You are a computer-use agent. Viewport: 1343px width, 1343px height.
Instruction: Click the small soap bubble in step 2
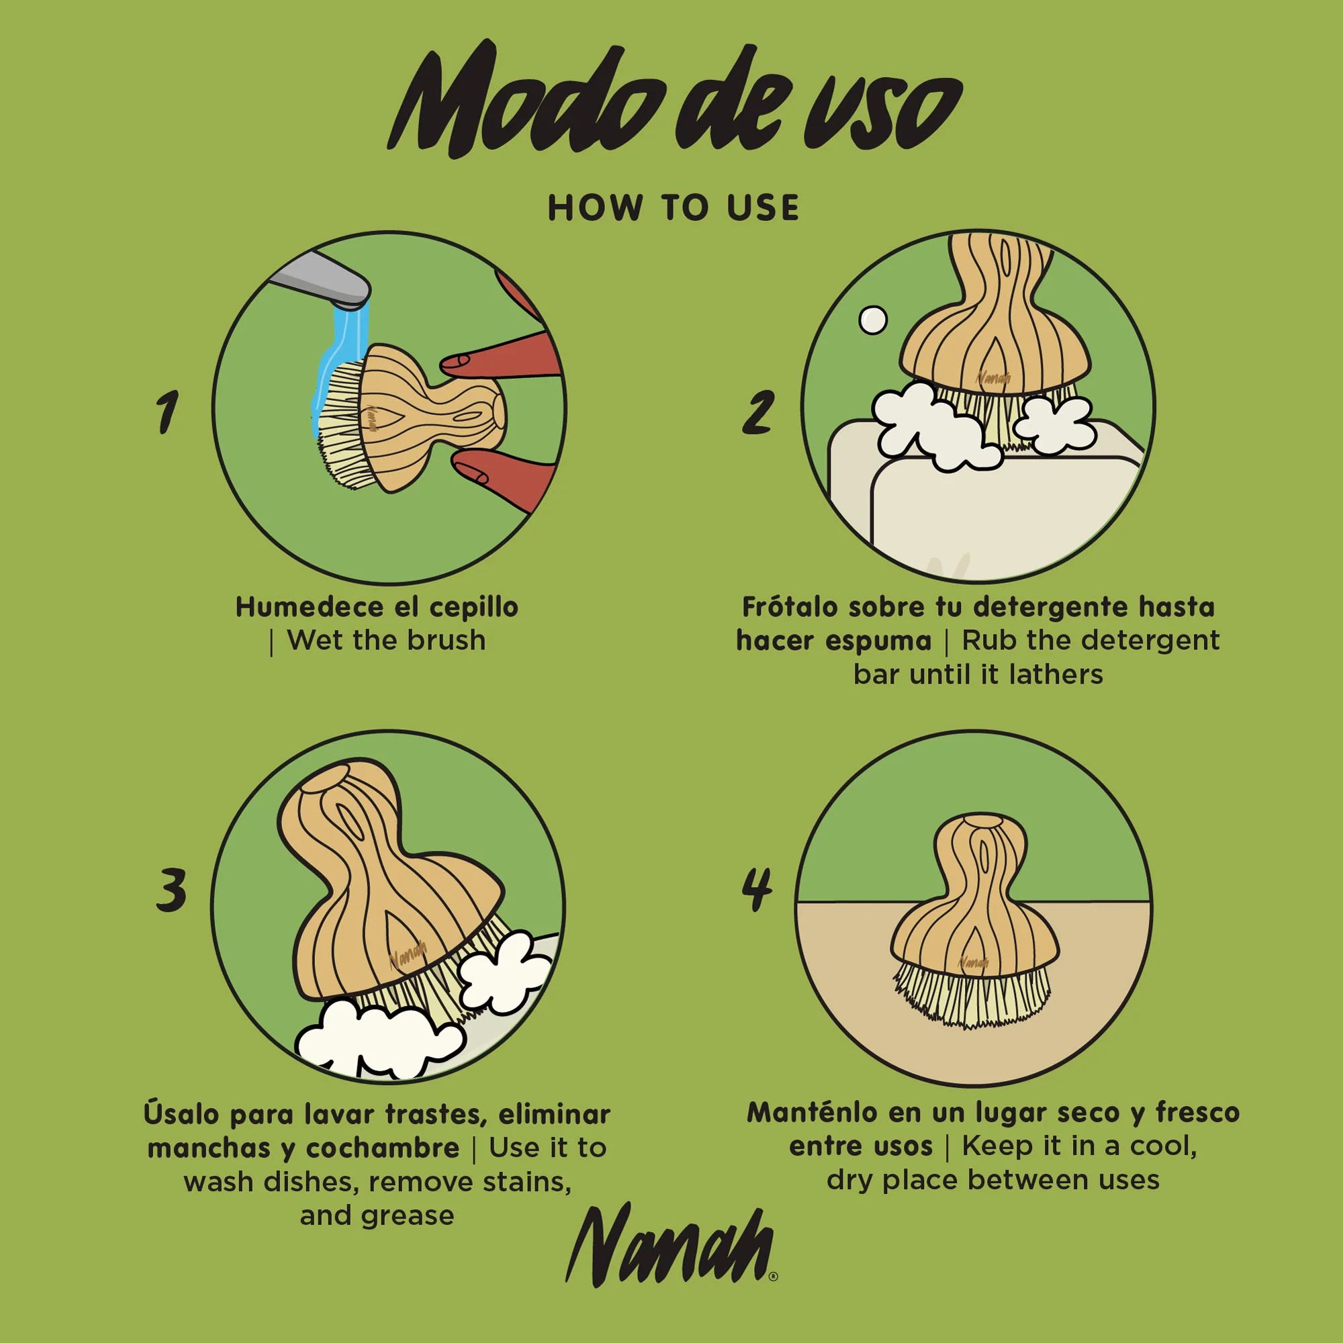pyautogui.click(x=873, y=320)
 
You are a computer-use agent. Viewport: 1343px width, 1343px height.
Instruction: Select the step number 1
pyautogui.click(x=167, y=412)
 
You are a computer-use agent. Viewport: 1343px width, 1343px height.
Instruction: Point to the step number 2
pyautogui.click(x=757, y=412)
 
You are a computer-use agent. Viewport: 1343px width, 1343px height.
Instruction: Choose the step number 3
pyautogui.click(x=171, y=889)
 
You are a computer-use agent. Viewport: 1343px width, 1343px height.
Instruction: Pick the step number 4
pyautogui.click(x=757, y=889)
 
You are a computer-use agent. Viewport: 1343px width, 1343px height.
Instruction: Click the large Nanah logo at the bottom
pyautogui.click(x=671, y=1248)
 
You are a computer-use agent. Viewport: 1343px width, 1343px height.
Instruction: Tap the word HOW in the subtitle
pyautogui.click(x=594, y=208)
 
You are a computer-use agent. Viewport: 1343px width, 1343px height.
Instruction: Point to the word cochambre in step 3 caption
pyautogui.click(x=382, y=1148)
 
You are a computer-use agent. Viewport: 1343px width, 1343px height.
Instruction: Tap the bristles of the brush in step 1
pyautogui.click(x=340, y=424)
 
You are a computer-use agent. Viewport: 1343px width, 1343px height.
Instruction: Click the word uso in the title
pyautogui.click(x=883, y=111)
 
